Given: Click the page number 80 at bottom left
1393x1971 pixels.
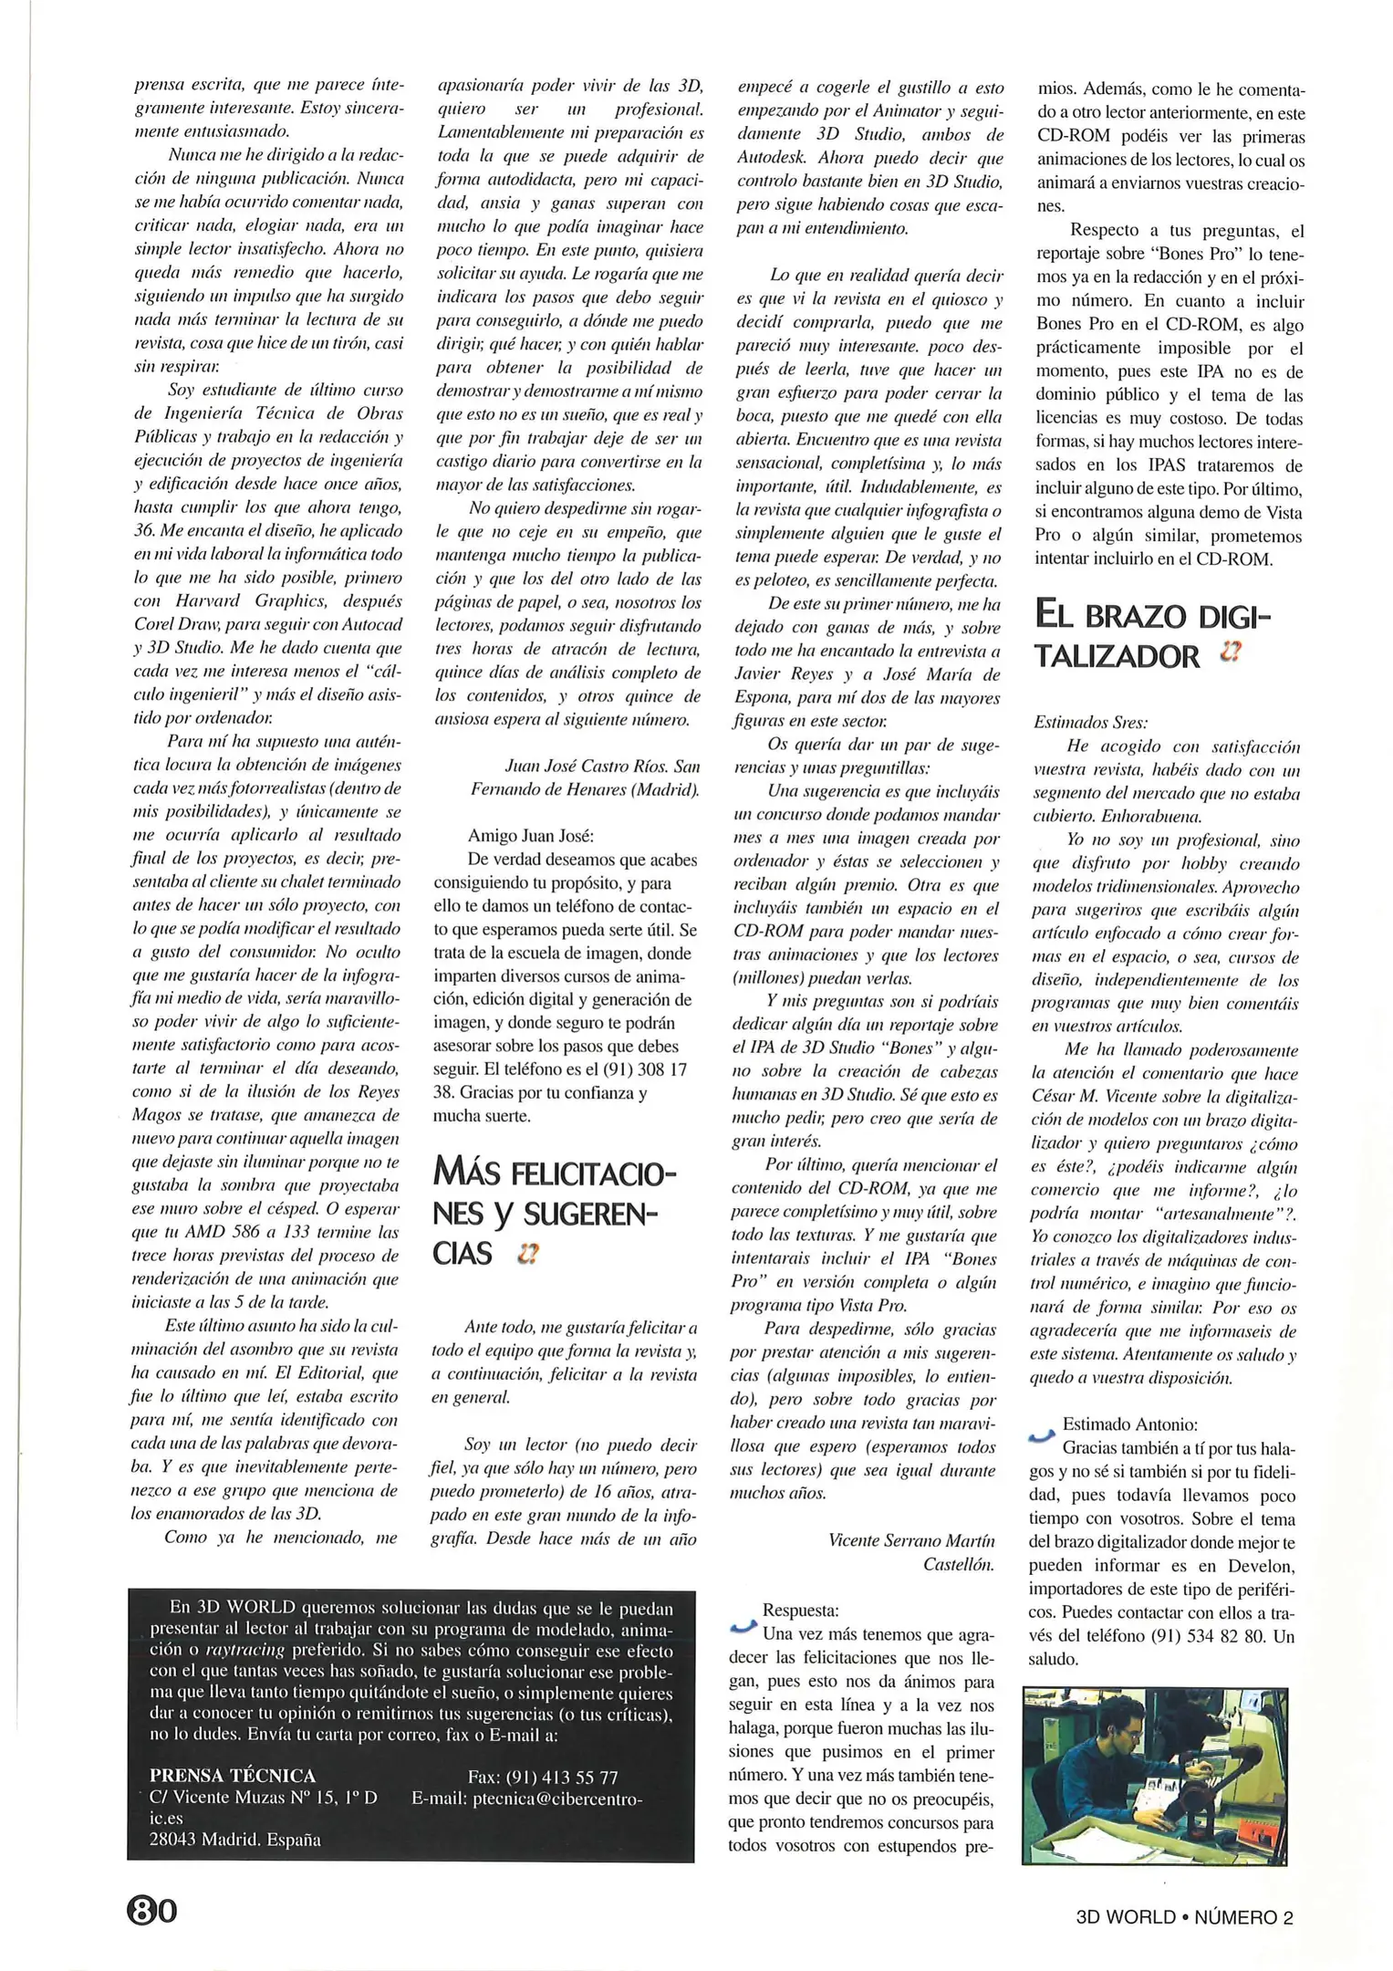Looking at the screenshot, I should tap(152, 1909).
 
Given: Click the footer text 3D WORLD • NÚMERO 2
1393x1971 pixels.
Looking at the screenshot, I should tap(1184, 1917).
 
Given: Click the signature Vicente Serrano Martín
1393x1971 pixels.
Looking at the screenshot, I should tap(911, 1540).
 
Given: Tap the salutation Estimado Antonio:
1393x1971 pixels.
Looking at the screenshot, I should tap(1129, 1424).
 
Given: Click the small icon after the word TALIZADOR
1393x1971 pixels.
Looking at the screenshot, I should tap(1232, 653).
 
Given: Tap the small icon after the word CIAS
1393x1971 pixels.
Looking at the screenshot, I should tap(526, 1255).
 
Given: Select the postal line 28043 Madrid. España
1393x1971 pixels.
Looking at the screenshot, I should tap(234, 1840).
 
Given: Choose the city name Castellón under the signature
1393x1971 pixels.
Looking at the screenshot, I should tap(958, 1564).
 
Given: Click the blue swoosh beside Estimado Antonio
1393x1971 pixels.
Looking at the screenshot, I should tap(1041, 1437).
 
